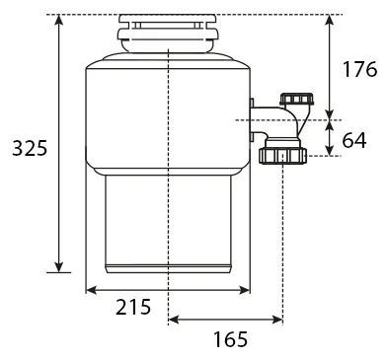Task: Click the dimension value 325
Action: [30, 148]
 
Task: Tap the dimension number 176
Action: [359, 69]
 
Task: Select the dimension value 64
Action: [354, 140]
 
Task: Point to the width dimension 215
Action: [133, 308]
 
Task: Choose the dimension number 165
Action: [230, 339]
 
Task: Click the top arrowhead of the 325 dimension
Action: [59, 20]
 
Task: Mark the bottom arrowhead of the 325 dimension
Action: [59, 267]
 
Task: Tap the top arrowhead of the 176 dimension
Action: [329, 20]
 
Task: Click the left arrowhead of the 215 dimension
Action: [91, 290]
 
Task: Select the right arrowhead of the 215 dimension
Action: [245, 290]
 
